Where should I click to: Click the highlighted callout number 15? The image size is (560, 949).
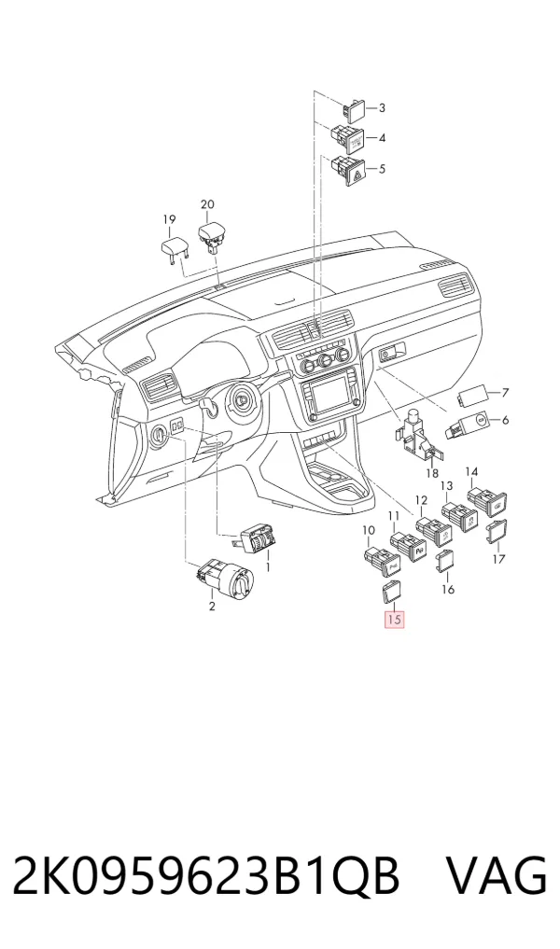[394, 620]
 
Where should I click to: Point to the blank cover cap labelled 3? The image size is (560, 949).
[354, 109]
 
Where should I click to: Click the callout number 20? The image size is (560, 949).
[207, 204]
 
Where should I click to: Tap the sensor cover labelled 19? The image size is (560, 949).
[175, 247]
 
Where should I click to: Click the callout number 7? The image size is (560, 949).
[505, 392]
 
